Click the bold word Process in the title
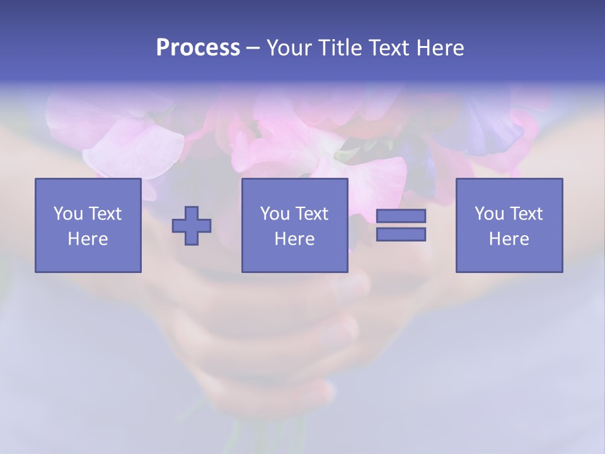tap(198, 48)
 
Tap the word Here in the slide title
tap(440, 48)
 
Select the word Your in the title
tap(288, 48)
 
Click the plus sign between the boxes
tap(192, 226)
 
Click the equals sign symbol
tap(401, 225)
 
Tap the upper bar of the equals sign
tap(401, 216)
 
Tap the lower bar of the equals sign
tap(401, 234)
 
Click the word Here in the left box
tap(88, 239)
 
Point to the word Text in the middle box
tap(311, 214)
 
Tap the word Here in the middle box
tap(294, 239)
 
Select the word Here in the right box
tap(509, 239)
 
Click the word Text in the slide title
tap(388, 48)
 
